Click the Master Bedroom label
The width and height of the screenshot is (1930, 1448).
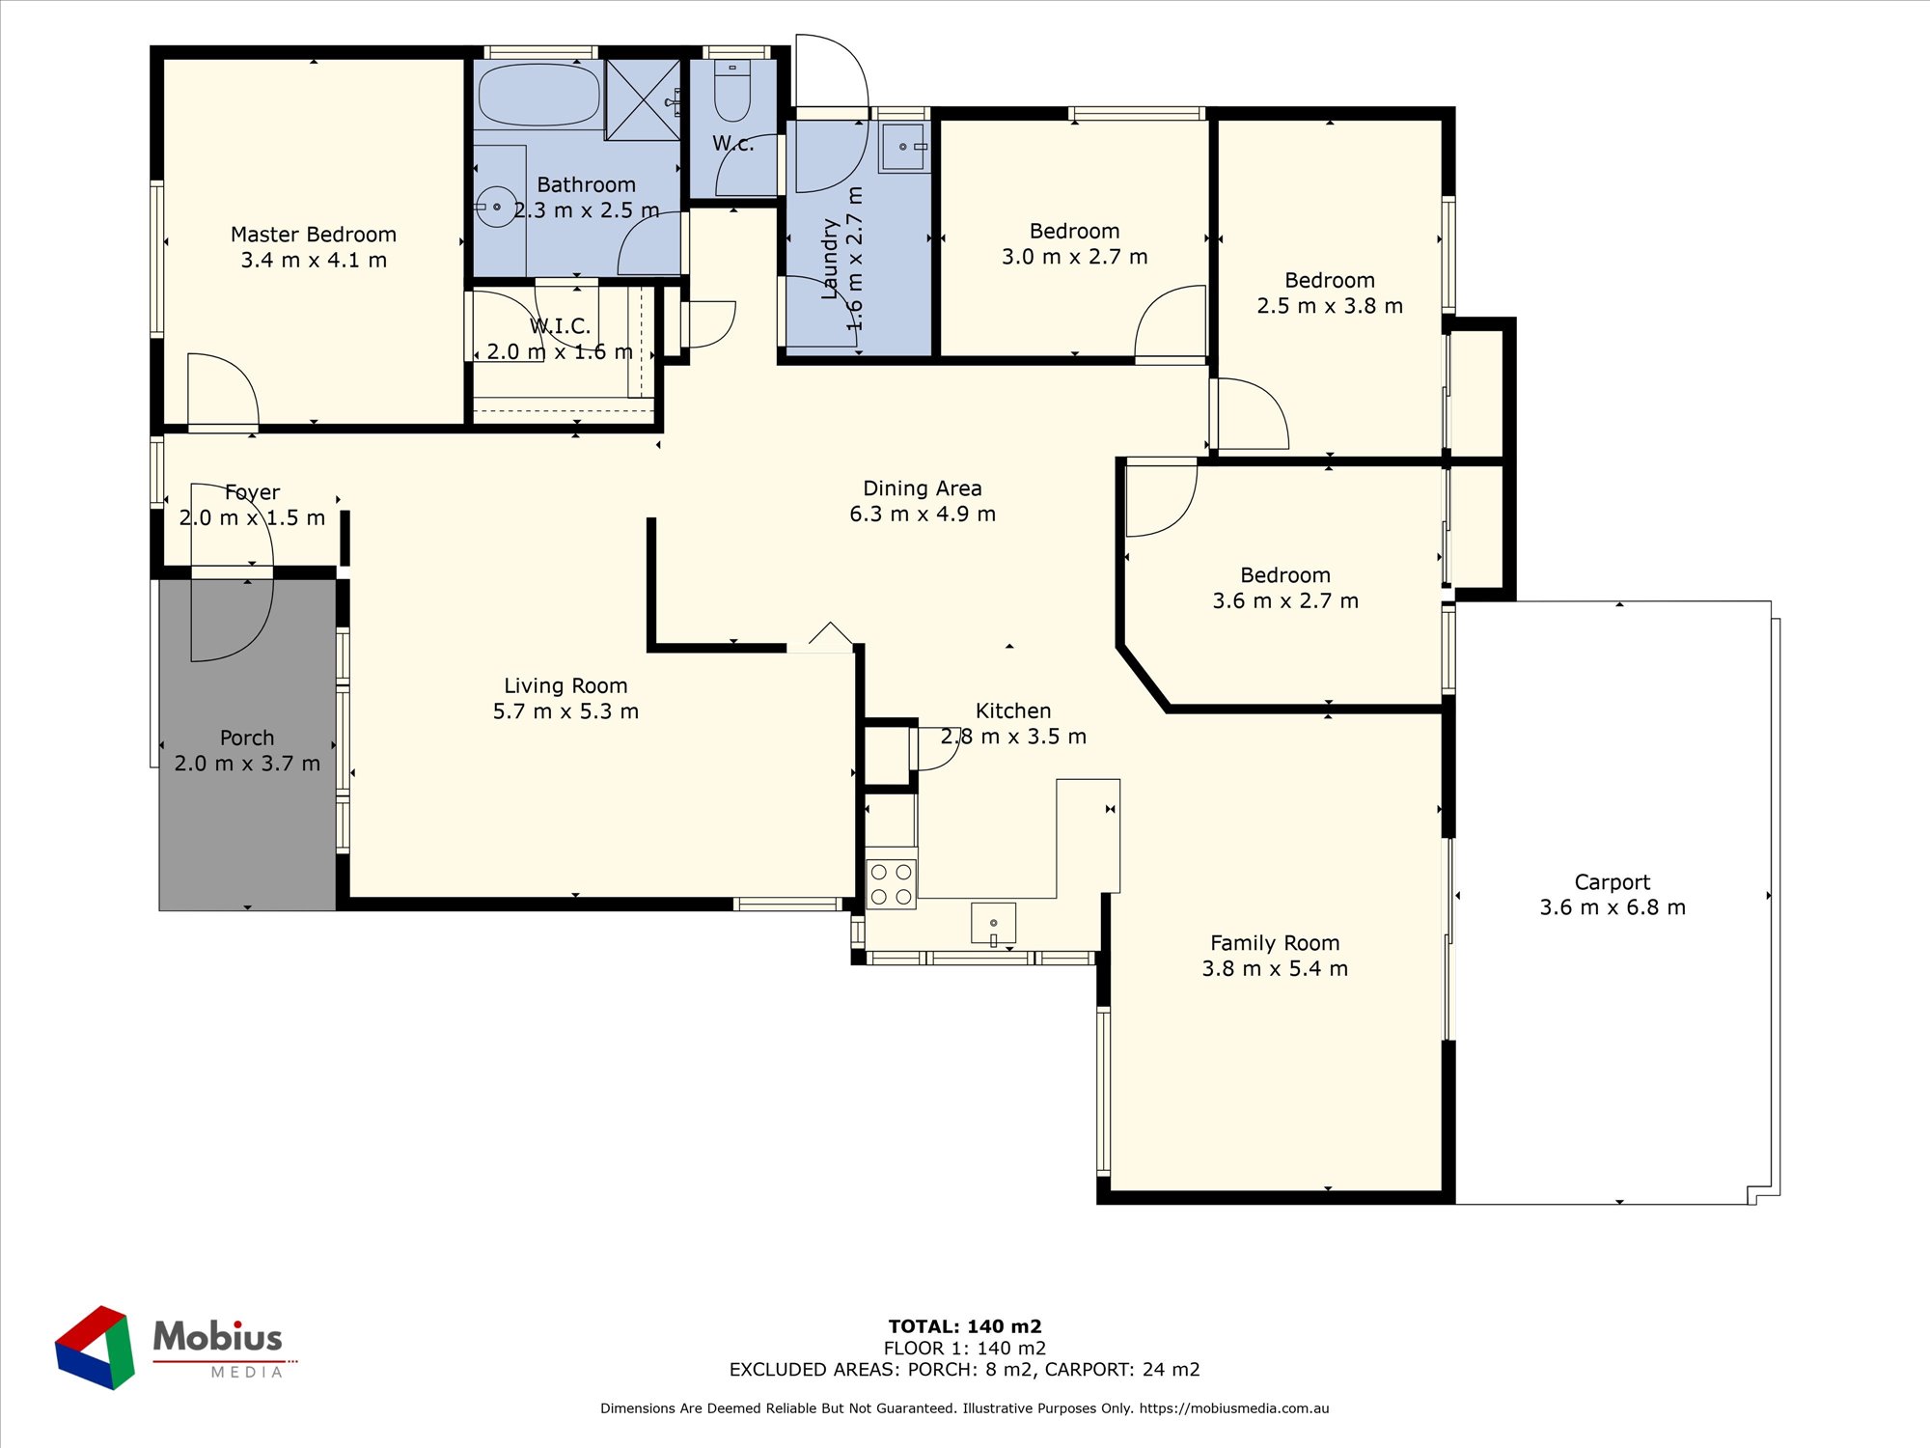point(314,235)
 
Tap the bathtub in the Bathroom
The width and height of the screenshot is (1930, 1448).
point(539,94)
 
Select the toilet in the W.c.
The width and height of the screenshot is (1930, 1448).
point(732,91)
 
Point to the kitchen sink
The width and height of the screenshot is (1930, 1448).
point(993,922)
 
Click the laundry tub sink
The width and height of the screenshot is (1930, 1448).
point(903,147)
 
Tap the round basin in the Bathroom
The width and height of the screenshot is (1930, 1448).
point(496,207)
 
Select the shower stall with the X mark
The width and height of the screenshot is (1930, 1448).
point(643,99)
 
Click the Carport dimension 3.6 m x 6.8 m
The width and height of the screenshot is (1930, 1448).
point(1613,907)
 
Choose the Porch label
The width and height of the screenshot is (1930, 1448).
point(247,738)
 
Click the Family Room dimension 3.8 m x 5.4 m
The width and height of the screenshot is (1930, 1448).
point(1275,968)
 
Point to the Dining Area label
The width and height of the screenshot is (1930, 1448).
point(923,488)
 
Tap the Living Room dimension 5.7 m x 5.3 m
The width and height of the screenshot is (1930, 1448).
point(565,711)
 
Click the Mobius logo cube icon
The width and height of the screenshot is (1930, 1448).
point(95,1348)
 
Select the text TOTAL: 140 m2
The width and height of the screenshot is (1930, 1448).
point(965,1326)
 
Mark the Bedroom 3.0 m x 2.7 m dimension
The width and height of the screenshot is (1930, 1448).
point(1074,257)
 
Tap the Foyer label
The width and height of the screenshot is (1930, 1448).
point(252,492)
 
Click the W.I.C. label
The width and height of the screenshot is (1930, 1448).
point(560,326)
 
